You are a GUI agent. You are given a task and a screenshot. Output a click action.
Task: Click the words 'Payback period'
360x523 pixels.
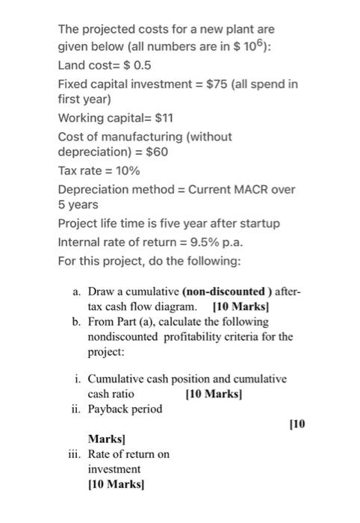pos(125,409)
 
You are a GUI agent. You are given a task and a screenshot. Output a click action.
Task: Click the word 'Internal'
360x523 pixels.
pos(79,241)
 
